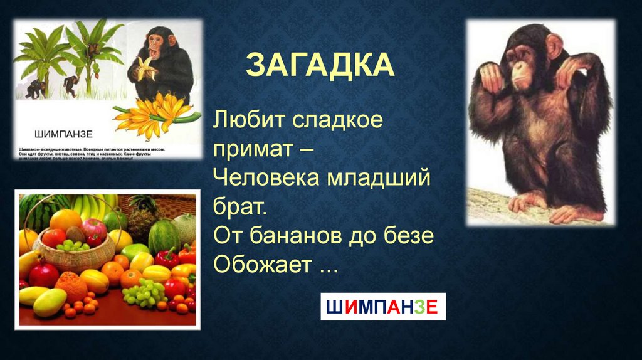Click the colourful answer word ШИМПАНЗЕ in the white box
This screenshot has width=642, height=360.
[x=383, y=307]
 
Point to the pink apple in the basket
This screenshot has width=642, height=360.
[x=94, y=227]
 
